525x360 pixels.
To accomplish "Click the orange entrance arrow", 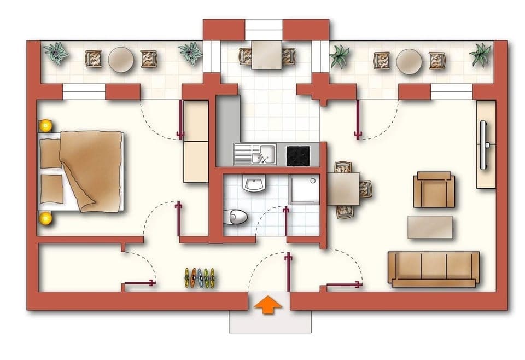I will (x=269, y=305).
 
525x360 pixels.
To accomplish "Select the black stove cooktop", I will (x=298, y=155).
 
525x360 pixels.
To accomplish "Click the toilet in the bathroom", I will (x=236, y=217).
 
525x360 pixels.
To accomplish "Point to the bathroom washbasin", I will (x=254, y=184).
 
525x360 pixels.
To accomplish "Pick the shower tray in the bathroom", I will (x=304, y=189).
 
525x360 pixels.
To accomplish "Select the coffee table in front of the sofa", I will (x=430, y=227).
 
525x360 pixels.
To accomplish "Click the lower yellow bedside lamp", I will (x=45, y=218).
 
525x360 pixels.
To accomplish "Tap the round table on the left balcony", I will (x=121, y=60).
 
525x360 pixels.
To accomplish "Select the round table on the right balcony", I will (x=409, y=61).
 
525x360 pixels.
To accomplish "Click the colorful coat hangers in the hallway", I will (x=200, y=277).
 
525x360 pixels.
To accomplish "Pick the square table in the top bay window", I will (x=266, y=55).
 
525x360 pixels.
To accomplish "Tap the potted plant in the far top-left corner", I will (x=56, y=53).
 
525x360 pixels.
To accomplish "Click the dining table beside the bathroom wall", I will (x=343, y=189).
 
